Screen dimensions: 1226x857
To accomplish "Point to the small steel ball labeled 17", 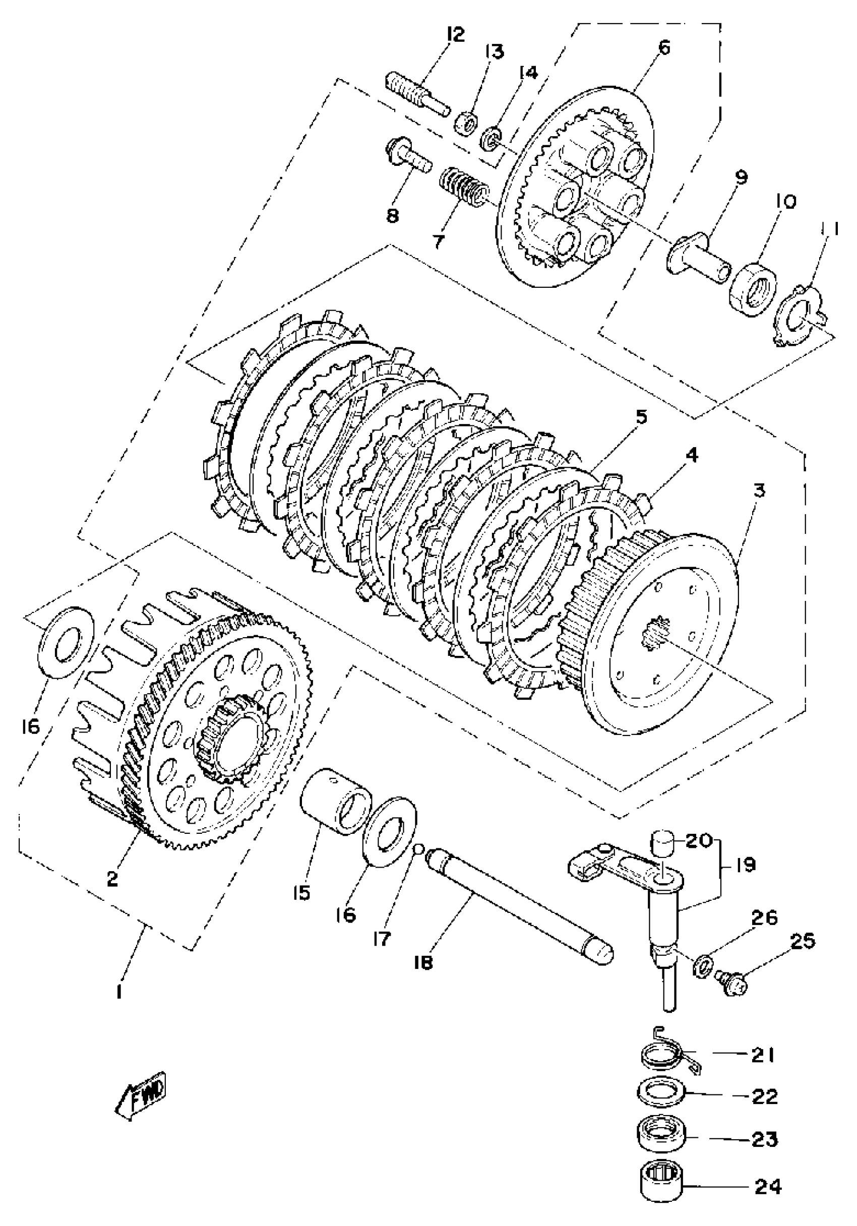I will click(420, 848).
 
